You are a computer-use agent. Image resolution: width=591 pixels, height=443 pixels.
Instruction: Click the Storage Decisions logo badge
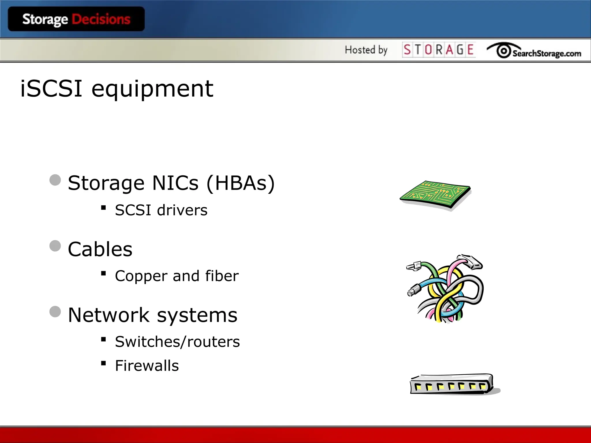pyautogui.click(x=76, y=19)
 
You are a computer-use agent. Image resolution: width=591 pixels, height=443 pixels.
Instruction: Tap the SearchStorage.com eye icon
pyautogui.click(x=504, y=51)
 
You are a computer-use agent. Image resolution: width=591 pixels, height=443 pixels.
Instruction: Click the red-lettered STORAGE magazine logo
pyautogui.click(x=439, y=50)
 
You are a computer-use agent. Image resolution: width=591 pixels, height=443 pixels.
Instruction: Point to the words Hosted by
pyautogui.click(x=366, y=50)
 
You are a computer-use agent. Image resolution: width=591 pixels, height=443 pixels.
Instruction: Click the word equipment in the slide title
pyautogui.click(x=152, y=89)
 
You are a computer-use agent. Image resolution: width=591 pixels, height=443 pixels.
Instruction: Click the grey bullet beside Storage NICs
pyautogui.click(x=55, y=180)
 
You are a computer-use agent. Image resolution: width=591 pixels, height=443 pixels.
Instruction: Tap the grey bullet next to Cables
pyautogui.click(x=55, y=246)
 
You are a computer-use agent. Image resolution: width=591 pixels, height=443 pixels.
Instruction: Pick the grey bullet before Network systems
pyautogui.click(x=55, y=312)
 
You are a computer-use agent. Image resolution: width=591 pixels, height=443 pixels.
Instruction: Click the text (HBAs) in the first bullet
pyautogui.click(x=241, y=183)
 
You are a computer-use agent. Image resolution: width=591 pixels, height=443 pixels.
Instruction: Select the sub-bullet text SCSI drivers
pyautogui.click(x=161, y=210)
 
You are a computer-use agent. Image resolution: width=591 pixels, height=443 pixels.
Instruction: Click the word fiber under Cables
pyautogui.click(x=222, y=276)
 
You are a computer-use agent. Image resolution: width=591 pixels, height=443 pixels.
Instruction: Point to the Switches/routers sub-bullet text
pyautogui.click(x=177, y=342)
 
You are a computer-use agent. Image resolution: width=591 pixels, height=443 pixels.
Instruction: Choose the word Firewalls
pyautogui.click(x=147, y=366)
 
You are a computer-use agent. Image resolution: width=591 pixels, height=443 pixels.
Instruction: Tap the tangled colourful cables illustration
pyautogui.click(x=446, y=288)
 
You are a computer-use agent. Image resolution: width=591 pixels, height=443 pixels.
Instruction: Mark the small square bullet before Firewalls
pyautogui.click(x=104, y=363)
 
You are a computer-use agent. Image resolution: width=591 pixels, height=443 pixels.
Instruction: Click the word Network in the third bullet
pyautogui.click(x=109, y=315)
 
